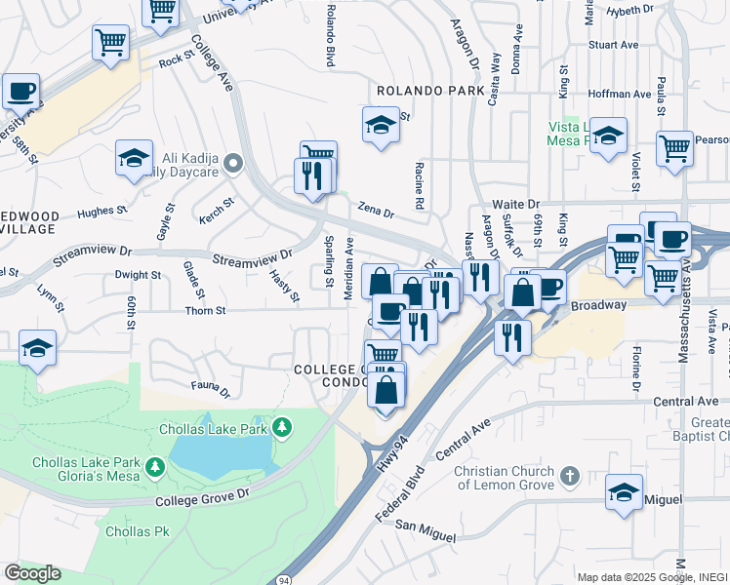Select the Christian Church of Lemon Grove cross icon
[x=570, y=476]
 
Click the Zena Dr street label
[x=375, y=211]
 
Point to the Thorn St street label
[x=206, y=311]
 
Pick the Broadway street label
[x=598, y=305]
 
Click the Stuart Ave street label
[x=613, y=45]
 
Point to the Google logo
[x=32, y=573]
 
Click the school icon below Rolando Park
[x=381, y=125]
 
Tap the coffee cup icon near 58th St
[x=20, y=92]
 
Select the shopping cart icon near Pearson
[x=674, y=148]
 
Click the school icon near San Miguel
[x=624, y=492]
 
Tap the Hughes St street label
[x=101, y=211]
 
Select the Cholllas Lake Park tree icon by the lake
[x=282, y=427]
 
